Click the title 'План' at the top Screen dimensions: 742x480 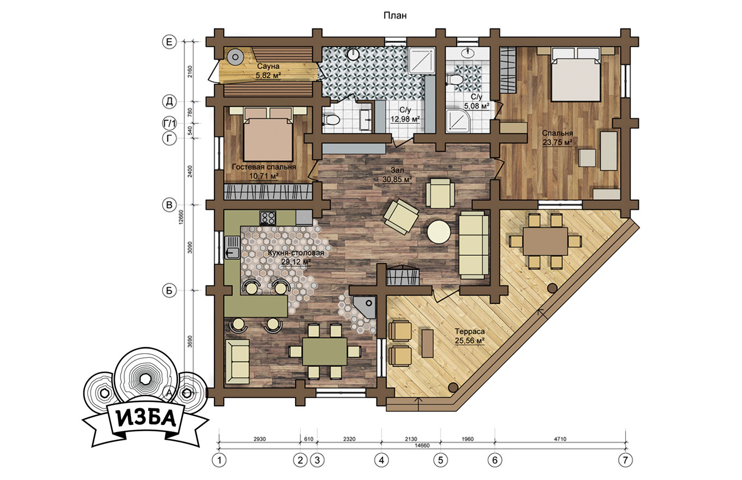[x=395, y=16]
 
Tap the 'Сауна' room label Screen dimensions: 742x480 [x=268, y=66]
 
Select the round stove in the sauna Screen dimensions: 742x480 [x=235, y=57]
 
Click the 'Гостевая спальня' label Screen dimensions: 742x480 [x=264, y=167]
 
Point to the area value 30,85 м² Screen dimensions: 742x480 [x=397, y=179]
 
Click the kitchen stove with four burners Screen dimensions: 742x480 [x=268, y=218]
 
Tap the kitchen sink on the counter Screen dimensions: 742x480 [x=232, y=248]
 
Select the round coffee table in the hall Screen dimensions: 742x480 [x=439, y=232]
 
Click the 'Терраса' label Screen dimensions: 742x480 [x=470, y=332]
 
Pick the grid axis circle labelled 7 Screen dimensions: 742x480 [x=625, y=460]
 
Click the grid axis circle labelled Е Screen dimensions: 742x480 [x=169, y=42]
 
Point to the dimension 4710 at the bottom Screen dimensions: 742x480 [x=560, y=439]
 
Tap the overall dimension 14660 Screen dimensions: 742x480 [x=422, y=446]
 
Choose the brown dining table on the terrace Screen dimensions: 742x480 [x=546, y=241]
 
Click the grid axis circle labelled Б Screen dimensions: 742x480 [x=169, y=291]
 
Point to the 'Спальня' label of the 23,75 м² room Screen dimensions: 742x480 [x=558, y=133]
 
